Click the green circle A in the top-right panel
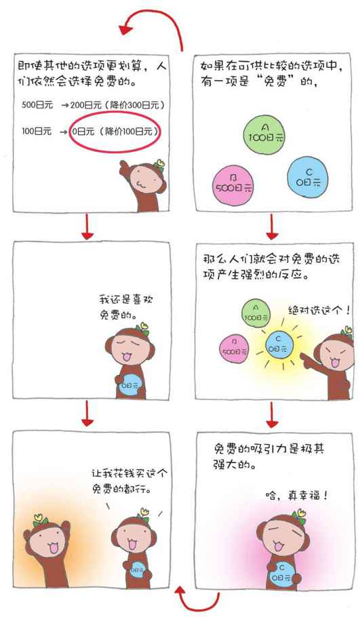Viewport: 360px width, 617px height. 264,134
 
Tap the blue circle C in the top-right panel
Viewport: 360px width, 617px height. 308,178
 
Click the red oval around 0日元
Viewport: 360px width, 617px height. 114,132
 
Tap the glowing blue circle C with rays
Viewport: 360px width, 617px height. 278,345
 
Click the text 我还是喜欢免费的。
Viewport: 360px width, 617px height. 126,307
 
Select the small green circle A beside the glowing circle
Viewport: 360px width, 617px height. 256,313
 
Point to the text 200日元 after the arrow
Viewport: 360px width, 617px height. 86,105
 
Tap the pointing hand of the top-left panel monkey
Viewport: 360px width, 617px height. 125,167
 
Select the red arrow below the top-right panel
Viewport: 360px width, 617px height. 271,227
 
